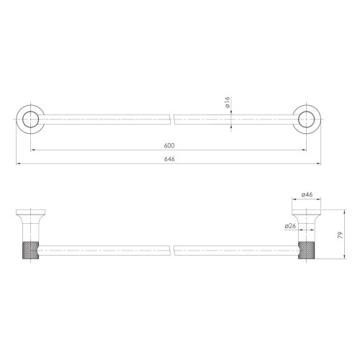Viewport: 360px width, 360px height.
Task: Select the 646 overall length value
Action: click(x=168, y=159)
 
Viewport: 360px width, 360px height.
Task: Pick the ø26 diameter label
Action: click(x=291, y=225)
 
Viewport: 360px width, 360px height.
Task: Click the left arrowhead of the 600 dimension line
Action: click(x=32, y=150)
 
